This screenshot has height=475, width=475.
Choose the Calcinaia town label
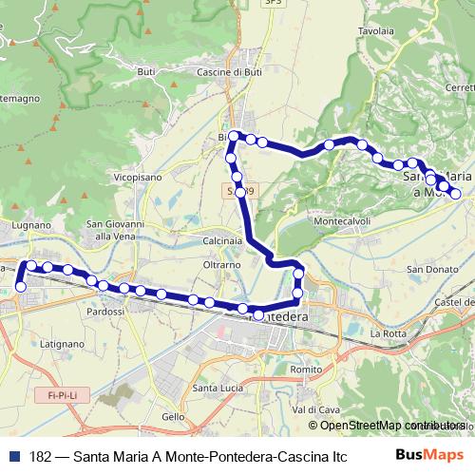[x=223, y=241]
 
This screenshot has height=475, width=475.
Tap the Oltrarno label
[x=222, y=265]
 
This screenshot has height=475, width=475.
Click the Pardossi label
[x=105, y=312]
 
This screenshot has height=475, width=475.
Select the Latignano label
[x=64, y=343]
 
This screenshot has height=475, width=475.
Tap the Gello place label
[x=174, y=417]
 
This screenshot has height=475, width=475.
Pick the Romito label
[x=307, y=369]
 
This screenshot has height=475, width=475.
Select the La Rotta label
[x=388, y=333]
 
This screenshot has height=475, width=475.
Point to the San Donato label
[x=429, y=270]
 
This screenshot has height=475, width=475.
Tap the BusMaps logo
[x=429, y=455]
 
